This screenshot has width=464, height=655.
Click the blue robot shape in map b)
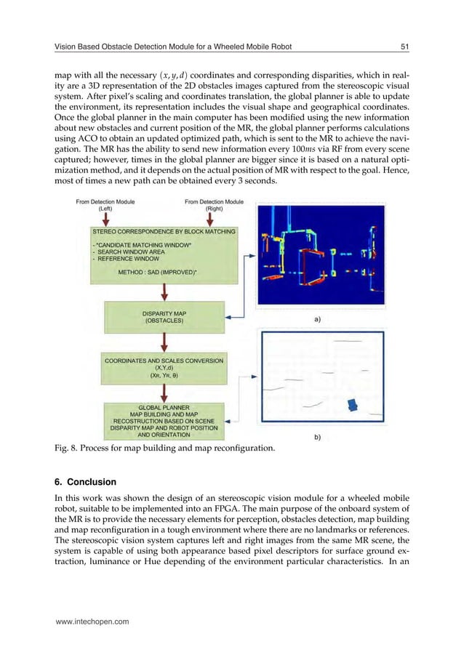353,403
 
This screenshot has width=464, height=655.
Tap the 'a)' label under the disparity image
318,318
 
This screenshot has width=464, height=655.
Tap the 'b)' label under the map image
318,437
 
